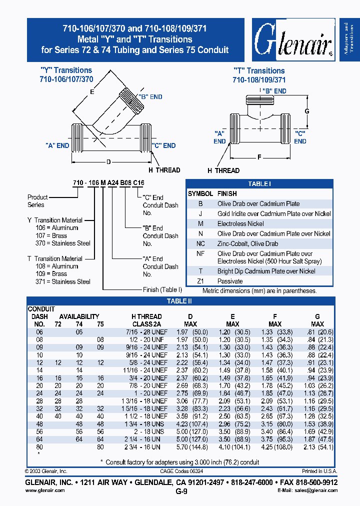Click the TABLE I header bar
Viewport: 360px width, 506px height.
click(259, 184)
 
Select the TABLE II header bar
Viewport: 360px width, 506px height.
click(179, 301)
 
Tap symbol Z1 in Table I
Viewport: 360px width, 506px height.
click(200, 281)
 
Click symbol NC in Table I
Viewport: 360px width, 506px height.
click(200, 243)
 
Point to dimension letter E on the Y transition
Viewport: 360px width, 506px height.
click(91, 91)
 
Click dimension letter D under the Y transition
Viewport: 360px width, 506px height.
click(108, 161)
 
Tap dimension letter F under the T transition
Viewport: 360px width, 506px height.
click(259, 157)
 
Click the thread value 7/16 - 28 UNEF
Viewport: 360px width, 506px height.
click(149, 332)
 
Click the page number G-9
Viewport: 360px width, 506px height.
click(181, 491)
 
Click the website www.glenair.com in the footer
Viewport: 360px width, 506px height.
click(45, 490)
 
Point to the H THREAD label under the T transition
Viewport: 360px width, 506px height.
click(223, 170)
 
